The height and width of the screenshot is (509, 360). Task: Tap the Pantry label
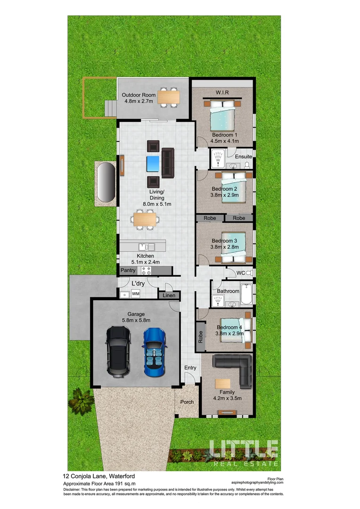128,271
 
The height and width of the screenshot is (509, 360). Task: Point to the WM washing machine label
135,294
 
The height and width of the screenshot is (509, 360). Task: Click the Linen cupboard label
169,296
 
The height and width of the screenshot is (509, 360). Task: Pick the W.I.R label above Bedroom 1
222,92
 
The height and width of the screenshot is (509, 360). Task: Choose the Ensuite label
243,156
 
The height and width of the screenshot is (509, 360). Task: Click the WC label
241,273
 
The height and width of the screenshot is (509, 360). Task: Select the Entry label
190,368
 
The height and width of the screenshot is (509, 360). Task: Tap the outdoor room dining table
169,97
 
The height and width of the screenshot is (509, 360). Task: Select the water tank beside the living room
106,183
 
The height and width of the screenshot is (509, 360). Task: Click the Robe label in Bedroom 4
200,337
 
